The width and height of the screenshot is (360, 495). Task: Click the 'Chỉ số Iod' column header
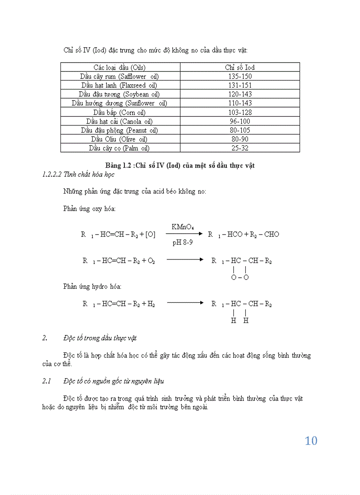(x=240, y=67)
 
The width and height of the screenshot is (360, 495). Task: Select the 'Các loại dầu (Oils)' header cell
(x=120, y=67)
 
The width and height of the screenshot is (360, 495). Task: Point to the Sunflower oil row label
(x=120, y=103)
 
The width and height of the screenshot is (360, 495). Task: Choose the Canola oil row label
(x=120, y=121)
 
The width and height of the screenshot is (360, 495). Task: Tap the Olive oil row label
(x=120, y=139)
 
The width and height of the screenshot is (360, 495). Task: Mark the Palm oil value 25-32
(x=240, y=148)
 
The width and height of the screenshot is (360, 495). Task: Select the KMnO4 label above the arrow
(x=182, y=227)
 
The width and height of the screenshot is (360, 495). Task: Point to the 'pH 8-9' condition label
(x=182, y=242)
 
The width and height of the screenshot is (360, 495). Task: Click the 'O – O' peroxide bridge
(x=240, y=277)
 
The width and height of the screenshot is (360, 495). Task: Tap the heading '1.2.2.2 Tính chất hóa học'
(x=78, y=175)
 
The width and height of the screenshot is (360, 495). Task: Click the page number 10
(x=311, y=441)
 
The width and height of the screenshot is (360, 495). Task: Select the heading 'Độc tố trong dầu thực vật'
(x=100, y=338)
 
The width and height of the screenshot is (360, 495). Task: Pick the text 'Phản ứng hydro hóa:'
(x=92, y=287)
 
